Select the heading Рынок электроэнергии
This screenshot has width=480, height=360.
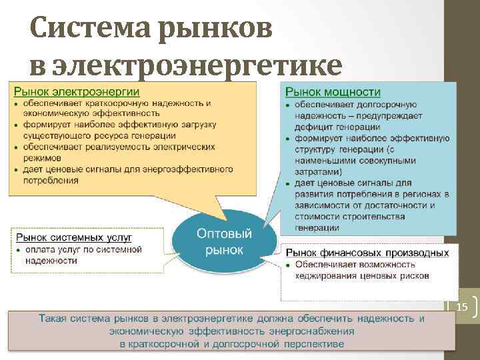click(x=77, y=91)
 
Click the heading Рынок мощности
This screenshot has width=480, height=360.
click(x=333, y=91)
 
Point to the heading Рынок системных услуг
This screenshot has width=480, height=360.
click(x=74, y=237)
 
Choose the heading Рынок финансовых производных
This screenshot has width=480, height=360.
click(x=367, y=253)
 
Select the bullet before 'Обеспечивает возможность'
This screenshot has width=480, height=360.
click(x=288, y=265)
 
